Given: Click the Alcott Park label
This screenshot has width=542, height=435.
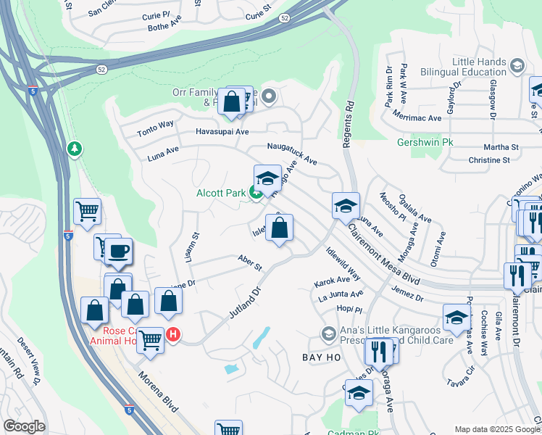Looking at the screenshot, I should pos(220,193).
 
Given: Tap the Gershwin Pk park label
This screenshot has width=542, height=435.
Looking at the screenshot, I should pos(425,142).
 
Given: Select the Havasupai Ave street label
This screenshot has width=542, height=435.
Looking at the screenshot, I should pos(222,132).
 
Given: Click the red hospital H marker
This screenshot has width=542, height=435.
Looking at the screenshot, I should pos(173,334).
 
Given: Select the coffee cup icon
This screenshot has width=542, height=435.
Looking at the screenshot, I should pos(120,251).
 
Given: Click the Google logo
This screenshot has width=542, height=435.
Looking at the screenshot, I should pos(24,426).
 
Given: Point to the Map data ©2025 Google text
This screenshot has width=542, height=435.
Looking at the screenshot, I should pos(496,429).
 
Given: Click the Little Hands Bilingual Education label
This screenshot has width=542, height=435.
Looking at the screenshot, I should pos(478,67).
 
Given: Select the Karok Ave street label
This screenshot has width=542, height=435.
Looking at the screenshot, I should pos(332,280).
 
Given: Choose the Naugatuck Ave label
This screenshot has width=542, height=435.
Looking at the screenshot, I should pos(292,152).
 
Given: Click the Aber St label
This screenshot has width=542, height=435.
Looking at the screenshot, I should pos(249,262).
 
